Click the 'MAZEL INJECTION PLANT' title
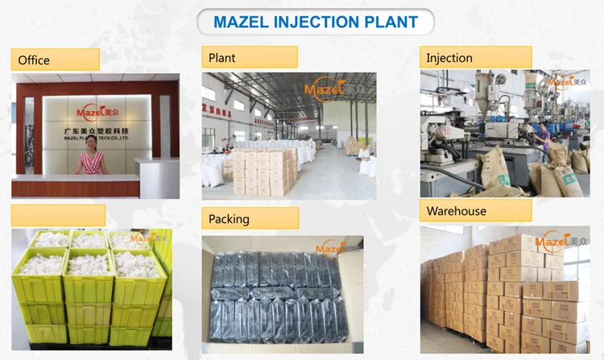[316, 22]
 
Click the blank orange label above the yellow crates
[58, 215]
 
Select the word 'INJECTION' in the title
[316, 22]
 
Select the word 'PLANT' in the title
[392, 22]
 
